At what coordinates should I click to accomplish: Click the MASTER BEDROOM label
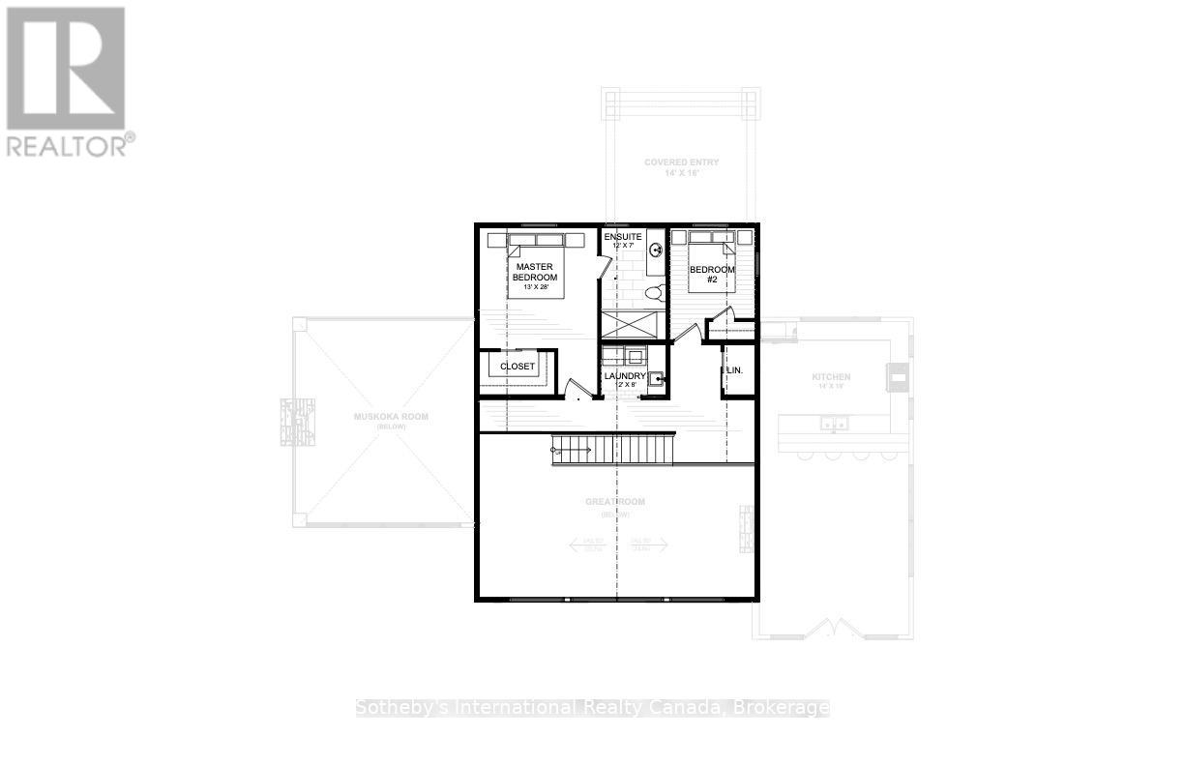535,272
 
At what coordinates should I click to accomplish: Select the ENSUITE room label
621,236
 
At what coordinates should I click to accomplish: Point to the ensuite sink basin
655,250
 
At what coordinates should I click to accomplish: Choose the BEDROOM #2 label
711,275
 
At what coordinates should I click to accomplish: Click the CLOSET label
518,368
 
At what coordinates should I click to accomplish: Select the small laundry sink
656,378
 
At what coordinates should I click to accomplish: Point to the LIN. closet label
735,370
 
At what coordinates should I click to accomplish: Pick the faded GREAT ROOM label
615,502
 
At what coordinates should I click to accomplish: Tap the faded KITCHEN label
831,377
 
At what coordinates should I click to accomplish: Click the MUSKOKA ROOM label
391,417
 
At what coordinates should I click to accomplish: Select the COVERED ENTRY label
681,162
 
